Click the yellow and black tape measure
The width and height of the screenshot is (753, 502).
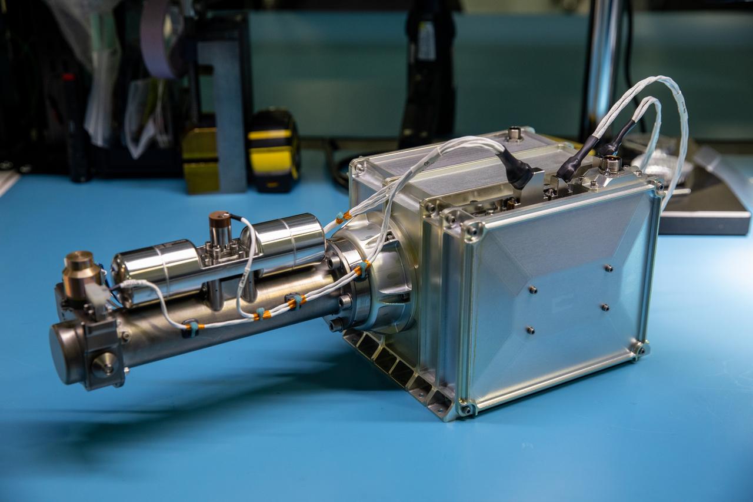coord(272,151)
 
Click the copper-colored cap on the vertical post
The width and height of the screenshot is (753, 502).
coord(220,218)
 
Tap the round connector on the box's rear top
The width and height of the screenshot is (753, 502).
coord(514,134)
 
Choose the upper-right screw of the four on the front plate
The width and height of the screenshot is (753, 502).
coord(608,268)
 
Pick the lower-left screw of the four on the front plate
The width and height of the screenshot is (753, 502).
coord(530,330)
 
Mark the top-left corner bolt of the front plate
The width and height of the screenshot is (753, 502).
coord(472,231)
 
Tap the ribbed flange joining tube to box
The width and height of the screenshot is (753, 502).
coord(376,277)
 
